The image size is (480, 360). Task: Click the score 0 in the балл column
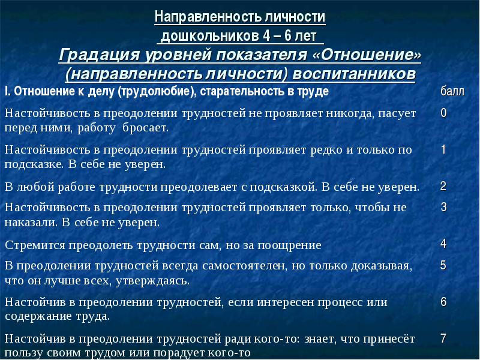point(443,113)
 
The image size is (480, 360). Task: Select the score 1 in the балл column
point(443,149)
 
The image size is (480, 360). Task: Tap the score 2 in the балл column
point(443,186)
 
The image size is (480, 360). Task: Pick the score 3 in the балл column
point(443,207)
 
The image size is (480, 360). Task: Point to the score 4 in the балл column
point(443,244)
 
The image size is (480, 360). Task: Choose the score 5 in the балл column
point(443,265)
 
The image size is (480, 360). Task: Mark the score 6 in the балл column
point(443,302)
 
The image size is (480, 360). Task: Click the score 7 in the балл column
point(443,338)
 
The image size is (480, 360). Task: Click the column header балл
point(452,91)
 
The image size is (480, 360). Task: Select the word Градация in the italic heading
point(99,55)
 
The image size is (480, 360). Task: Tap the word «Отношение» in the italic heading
point(367,55)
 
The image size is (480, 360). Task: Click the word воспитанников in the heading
point(354,74)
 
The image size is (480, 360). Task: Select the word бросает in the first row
point(145,128)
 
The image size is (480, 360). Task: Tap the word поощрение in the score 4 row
point(289,245)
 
